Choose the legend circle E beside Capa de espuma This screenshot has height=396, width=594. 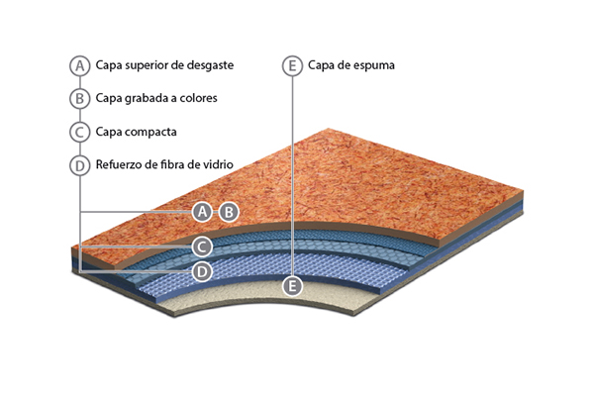291,66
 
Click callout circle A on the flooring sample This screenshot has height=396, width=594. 202,211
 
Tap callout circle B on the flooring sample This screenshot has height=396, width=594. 228,211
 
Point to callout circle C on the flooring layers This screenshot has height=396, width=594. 201,246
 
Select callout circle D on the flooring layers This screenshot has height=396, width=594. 201,269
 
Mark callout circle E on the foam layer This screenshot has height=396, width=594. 291,286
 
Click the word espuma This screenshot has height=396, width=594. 374,66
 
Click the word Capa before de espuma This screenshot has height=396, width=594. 324,66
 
